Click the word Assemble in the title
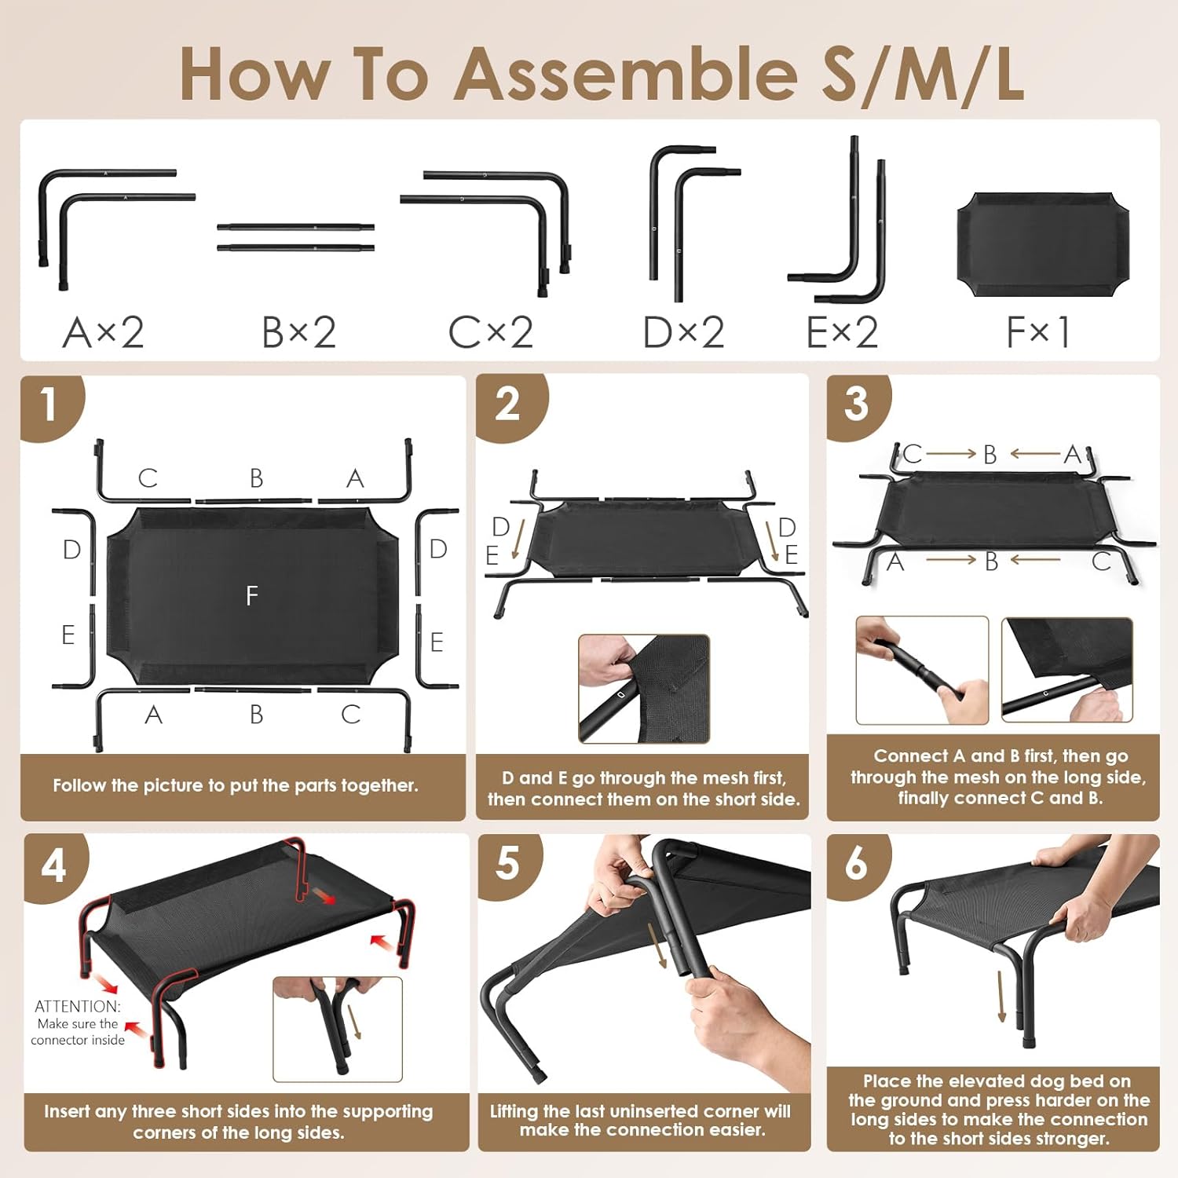click(x=626, y=74)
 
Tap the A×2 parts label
click(x=103, y=332)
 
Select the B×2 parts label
click(x=298, y=332)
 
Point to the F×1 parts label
click(x=1037, y=332)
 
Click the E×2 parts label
click(x=842, y=332)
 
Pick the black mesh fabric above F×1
click(x=1043, y=245)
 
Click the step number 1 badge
click(x=50, y=407)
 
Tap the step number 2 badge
click(x=508, y=407)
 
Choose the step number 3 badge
click(x=857, y=405)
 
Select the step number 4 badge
click(x=54, y=867)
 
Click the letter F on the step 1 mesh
click(x=252, y=596)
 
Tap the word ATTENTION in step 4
click(x=78, y=1006)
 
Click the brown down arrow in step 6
click(x=1001, y=996)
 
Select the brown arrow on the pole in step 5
click(x=657, y=945)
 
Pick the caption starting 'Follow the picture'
click(x=236, y=786)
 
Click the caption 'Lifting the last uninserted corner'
click(x=641, y=1121)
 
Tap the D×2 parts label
click(x=683, y=332)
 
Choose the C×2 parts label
click(x=491, y=332)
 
